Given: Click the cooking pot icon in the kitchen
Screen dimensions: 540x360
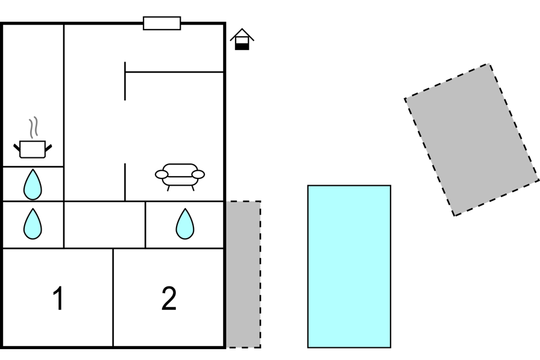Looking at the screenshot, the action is (x=33, y=149).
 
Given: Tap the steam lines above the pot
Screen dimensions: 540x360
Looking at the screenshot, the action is (x=33, y=127).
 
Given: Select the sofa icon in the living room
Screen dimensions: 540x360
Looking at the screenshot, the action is (x=180, y=177).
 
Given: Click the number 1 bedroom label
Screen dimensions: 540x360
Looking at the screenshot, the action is (x=58, y=298).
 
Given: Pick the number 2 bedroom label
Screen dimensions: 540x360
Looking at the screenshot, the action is (x=169, y=298).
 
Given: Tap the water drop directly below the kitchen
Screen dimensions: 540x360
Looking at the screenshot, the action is (x=33, y=185).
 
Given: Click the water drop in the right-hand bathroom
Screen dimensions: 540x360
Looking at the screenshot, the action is (x=185, y=224).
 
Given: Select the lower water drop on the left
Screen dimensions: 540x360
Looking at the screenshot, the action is (x=33, y=224).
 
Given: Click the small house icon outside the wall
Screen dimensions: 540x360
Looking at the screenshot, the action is (x=242, y=39).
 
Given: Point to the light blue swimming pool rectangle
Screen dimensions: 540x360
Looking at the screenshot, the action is (x=349, y=267).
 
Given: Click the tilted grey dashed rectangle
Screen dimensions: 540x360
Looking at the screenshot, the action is (x=472, y=139).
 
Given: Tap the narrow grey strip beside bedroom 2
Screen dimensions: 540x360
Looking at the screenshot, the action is (x=243, y=274).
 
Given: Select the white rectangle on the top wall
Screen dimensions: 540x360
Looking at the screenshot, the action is (x=162, y=23).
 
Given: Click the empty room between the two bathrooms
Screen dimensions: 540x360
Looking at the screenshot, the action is (x=105, y=224).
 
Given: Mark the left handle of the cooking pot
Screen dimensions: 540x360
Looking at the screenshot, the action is (x=17, y=148).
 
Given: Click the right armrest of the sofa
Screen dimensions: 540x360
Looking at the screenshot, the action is (x=198, y=174).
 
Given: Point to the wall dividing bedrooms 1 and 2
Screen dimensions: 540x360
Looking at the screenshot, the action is (x=113, y=297).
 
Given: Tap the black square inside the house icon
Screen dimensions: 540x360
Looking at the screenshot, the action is (x=242, y=46).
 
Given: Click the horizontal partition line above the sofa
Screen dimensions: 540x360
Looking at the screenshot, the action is (x=174, y=72).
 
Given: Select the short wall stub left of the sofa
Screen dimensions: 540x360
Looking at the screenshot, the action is (x=125, y=182).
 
